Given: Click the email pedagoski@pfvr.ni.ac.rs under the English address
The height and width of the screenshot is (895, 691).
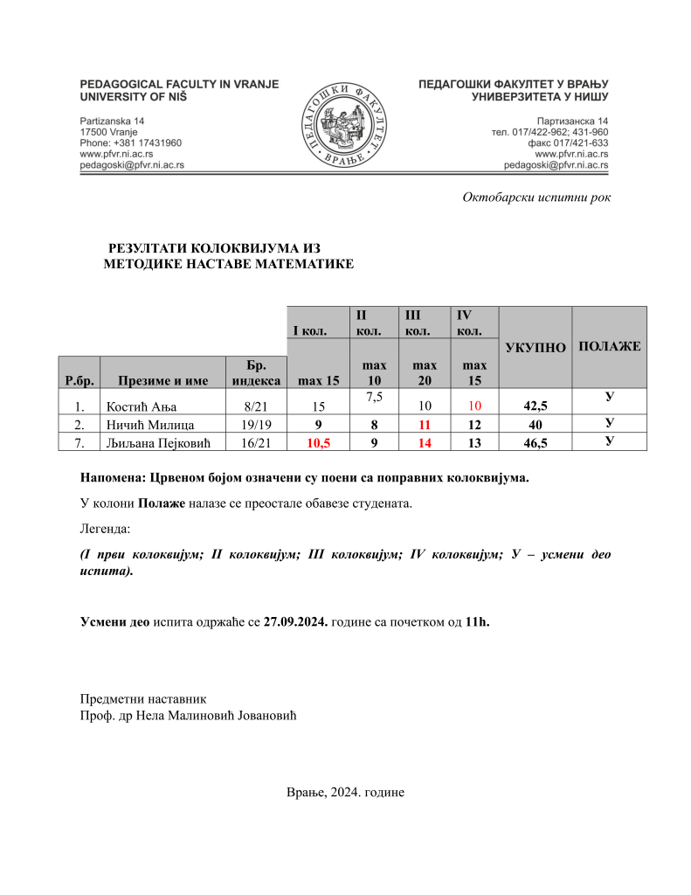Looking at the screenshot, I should (131, 164).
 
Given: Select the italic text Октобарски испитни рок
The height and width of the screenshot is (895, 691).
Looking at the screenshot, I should (536, 198).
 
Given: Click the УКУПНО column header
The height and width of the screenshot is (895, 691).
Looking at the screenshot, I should (535, 348).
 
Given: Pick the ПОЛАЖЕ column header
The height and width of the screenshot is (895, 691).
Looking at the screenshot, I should (609, 346).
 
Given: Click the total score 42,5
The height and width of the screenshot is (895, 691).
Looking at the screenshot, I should (535, 406).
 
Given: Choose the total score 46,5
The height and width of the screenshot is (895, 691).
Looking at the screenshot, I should (535, 441).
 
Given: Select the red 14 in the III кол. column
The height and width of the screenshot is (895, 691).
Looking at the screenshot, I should (425, 441).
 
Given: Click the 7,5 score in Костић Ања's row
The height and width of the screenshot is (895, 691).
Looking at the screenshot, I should (374, 398).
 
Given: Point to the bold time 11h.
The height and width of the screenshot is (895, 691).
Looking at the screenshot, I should (478, 621).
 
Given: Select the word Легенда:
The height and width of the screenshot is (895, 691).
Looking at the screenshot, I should (105, 529).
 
